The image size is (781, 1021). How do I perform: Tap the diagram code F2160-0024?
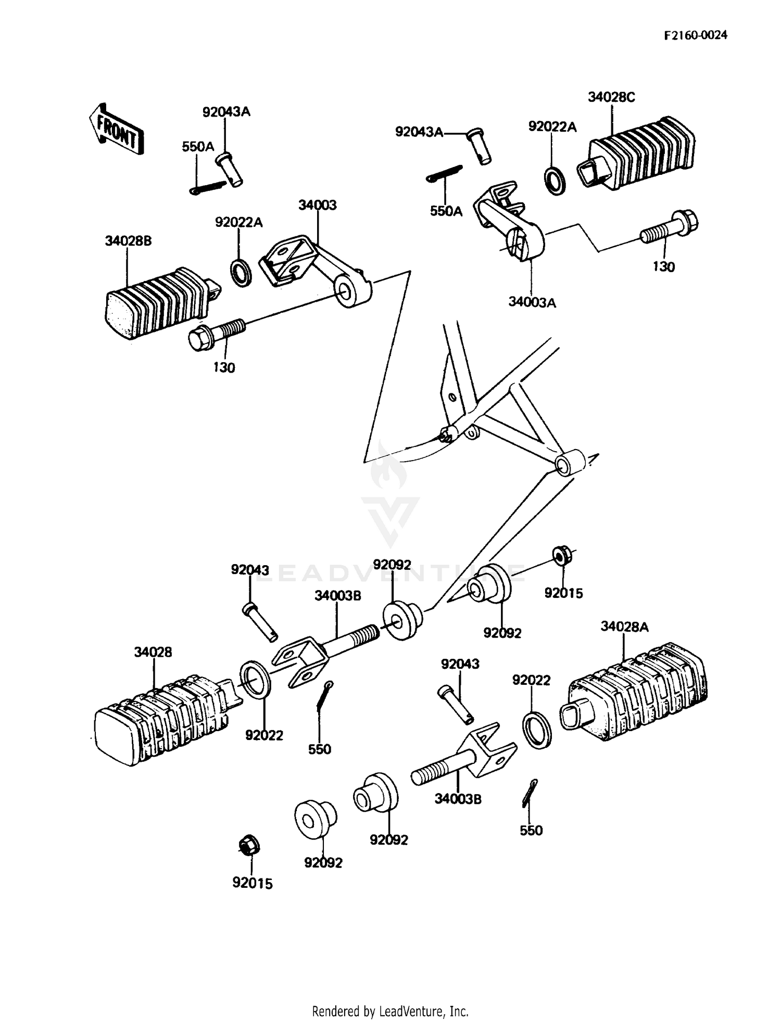pyautogui.click(x=695, y=35)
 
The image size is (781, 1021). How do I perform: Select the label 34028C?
pyautogui.click(x=611, y=97)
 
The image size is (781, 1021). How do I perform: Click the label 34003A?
pyautogui.click(x=532, y=302)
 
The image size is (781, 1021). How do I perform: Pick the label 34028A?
pyautogui.click(x=624, y=627)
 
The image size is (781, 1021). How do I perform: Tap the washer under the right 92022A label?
pyautogui.click(x=555, y=181)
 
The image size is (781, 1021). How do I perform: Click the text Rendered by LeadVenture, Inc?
pyautogui.click(x=390, y=1011)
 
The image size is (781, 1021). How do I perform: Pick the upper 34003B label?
pyautogui.click(x=337, y=596)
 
